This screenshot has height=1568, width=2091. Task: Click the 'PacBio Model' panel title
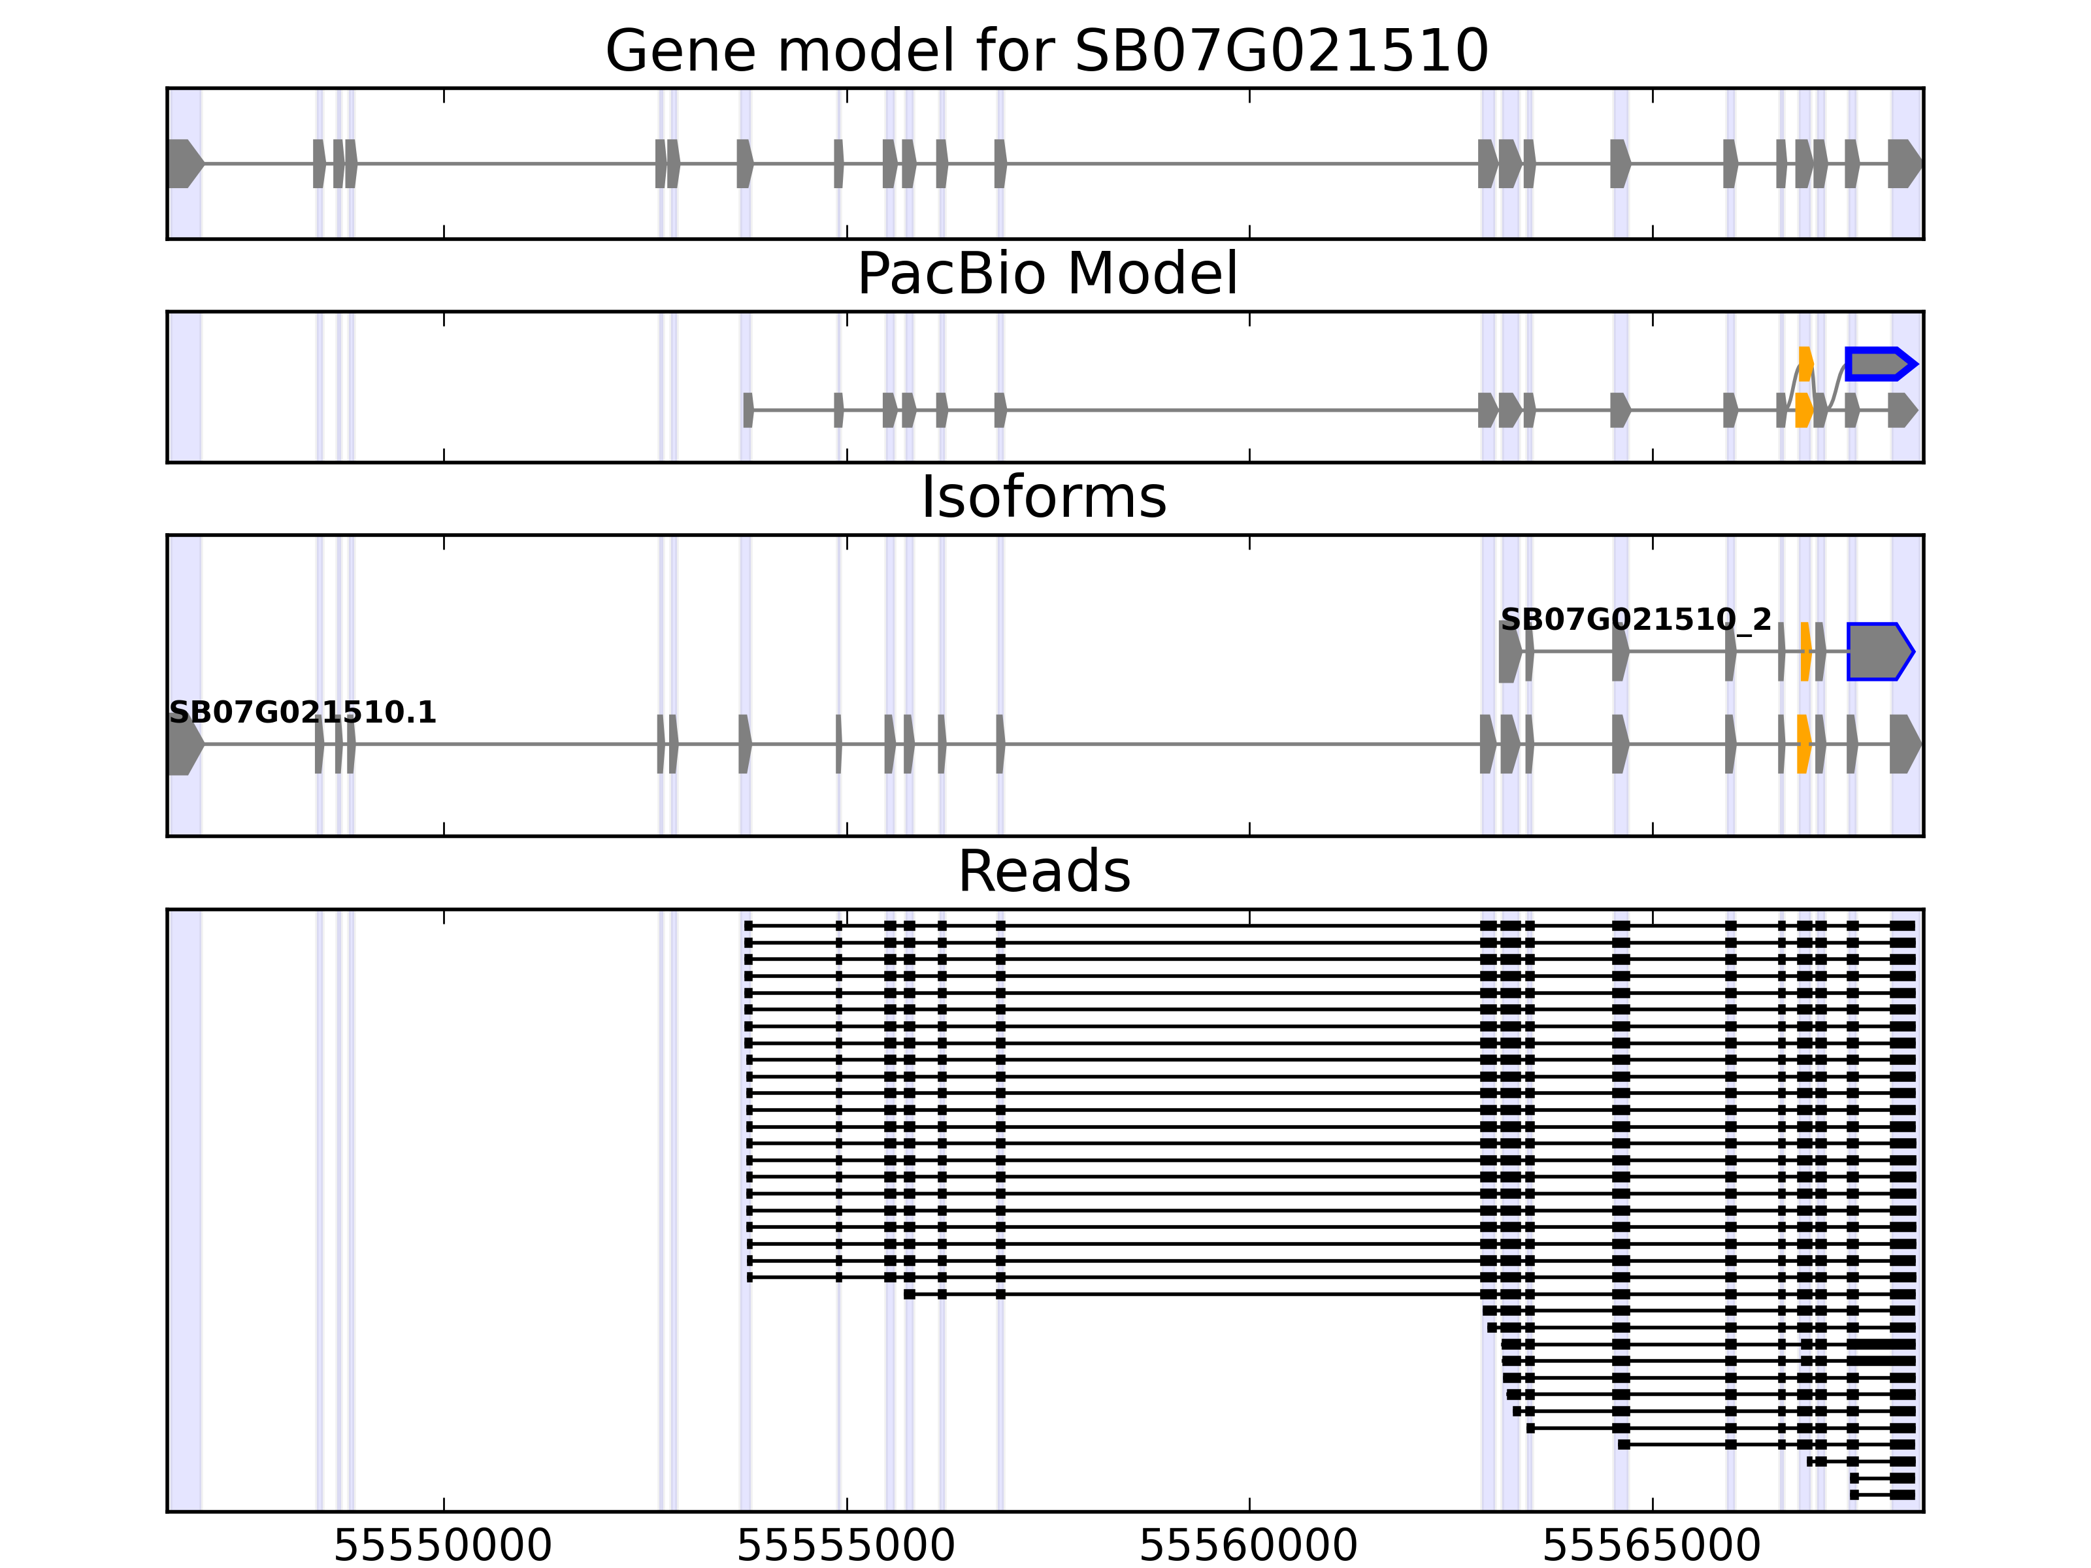[x=1046, y=274]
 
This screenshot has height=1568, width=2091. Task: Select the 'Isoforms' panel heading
[x=1044, y=497]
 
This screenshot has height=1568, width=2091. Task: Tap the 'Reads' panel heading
[x=1044, y=872]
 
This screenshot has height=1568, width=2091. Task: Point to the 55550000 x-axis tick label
[x=442, y=1546]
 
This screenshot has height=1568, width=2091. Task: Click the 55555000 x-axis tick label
[x=846, y=1546]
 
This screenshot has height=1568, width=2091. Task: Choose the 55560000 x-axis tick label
[x=1249, y=1546]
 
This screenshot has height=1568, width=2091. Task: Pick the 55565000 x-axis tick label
[x=1651, y=1546]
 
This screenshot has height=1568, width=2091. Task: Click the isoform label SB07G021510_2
[x=1636, y=620]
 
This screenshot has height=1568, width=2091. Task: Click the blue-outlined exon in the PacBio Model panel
[x=1879, y=364]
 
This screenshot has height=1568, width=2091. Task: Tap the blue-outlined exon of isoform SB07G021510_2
[x=1879, y=651]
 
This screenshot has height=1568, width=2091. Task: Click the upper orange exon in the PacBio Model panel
[x=1805, y=364]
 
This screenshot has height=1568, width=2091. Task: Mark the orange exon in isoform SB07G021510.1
[x=1803, y=744]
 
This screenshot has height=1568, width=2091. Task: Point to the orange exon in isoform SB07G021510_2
[x=1805, y=651]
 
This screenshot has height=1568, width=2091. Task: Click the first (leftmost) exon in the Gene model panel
[x=184, y=163]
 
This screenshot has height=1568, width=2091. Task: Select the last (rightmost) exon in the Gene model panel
[x=1904, y=163]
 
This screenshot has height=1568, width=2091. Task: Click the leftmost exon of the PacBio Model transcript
[x=748, y=410]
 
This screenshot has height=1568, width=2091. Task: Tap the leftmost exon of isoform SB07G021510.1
[x=184, y=744]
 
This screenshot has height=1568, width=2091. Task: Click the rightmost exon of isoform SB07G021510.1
[x=1904, y=744]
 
